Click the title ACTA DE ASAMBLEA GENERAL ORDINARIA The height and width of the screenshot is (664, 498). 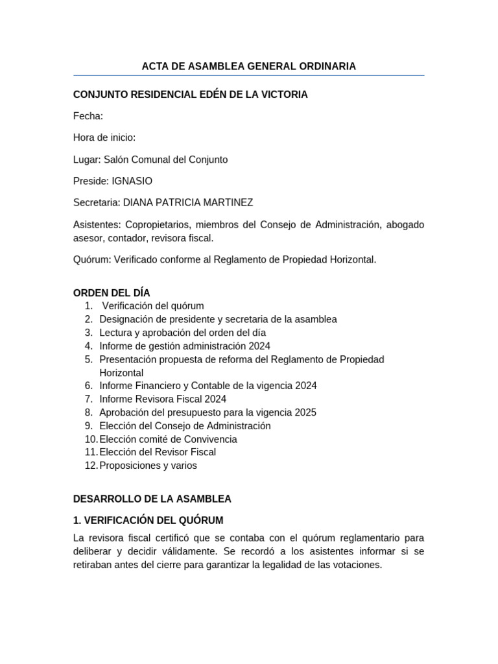click(x=249, y=66)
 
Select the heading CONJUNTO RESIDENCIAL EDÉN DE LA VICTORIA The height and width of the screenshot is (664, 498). click(x=190, y=95)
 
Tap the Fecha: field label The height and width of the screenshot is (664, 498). click(x=88, y=116)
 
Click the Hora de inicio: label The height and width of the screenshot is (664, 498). click(x=104, y=137)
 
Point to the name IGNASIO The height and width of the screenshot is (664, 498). click(x=132, y=181)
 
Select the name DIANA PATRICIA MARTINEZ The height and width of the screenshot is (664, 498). click(x=188, y=202)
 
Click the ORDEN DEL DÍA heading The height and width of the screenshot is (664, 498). click(x=112, y=293)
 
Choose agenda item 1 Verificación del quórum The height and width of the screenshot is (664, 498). click(x=153, y=305)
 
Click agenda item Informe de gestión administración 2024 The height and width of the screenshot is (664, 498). click(x=185, y=346)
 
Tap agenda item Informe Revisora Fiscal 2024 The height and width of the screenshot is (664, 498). click(x=163, y=399)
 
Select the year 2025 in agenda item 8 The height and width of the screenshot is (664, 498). click(x=305, y=412)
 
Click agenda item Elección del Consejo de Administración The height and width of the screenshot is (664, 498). click(x=185, y=426)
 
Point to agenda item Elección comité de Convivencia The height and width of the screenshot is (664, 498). click(x=168, y=439)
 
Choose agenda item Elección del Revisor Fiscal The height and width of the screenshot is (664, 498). click(x=158, y=452)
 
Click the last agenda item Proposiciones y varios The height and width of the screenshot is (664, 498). click(x=148, y=466)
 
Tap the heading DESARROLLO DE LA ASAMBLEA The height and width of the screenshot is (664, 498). click(x=152, y=499)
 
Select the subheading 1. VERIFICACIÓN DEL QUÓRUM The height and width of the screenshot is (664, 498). click(x=148, y=520)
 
